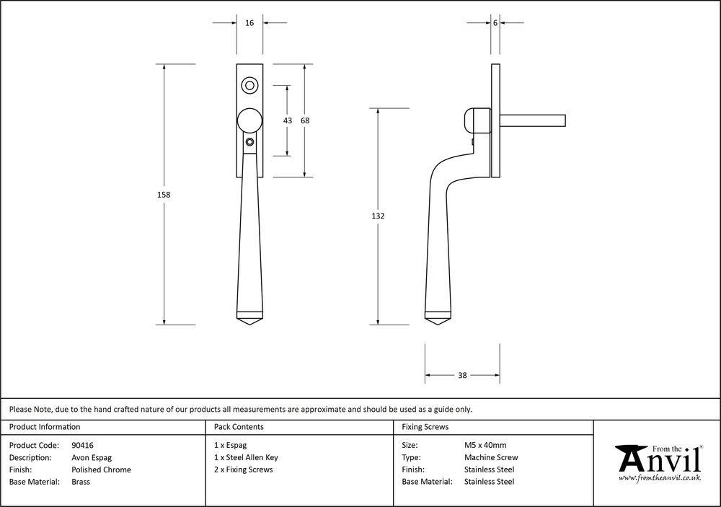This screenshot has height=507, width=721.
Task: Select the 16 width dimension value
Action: [249, 23]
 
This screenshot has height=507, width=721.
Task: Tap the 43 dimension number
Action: [288, 120]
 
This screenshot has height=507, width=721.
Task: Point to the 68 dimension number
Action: [305, 120]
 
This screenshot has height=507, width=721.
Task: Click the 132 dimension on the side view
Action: [379, 216]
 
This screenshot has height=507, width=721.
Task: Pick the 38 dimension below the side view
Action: [462, 375]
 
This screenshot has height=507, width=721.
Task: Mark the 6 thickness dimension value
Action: [495, 23]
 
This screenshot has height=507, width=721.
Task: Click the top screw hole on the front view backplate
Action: [250, 86]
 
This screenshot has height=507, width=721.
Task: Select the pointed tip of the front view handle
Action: [249, 324]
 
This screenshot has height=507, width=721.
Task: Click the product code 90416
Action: [87, 445]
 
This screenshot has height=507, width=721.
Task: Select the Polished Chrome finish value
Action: [102, 469]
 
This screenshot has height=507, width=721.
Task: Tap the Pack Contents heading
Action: [239, 427]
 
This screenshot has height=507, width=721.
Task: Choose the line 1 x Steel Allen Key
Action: [246, 457]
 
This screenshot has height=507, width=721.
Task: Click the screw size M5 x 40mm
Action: [485, 445]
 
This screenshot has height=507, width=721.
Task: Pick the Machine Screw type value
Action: [490, 457]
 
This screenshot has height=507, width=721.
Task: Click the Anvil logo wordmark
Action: [658, 459]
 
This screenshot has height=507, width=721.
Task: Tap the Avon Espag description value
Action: [92, 457]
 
